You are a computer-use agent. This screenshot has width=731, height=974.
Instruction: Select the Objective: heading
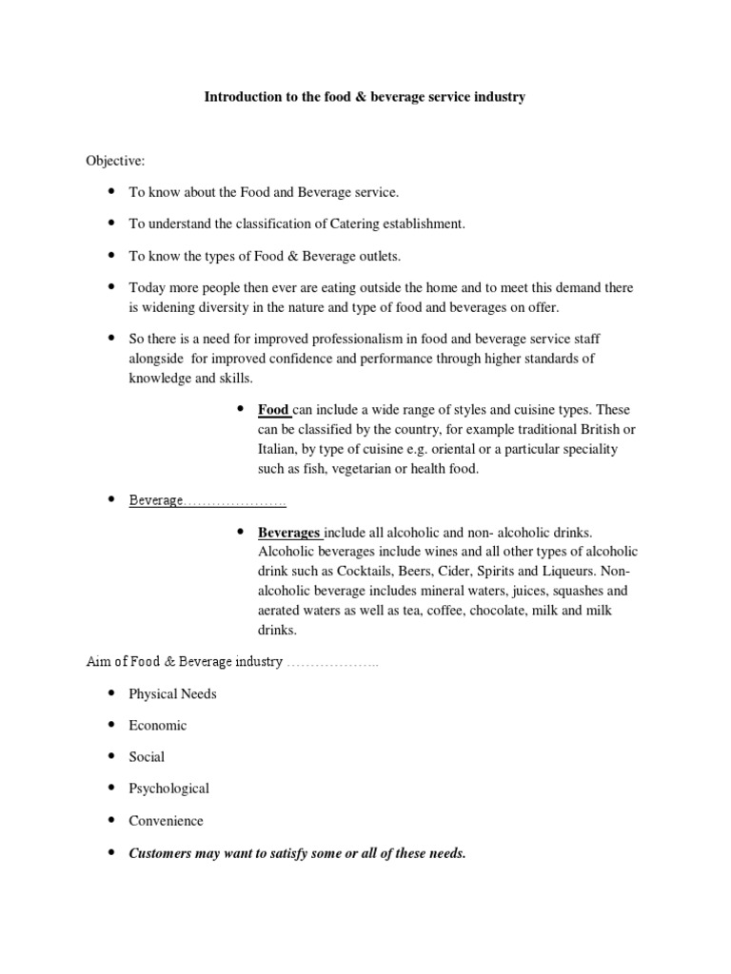[x=116, y=161]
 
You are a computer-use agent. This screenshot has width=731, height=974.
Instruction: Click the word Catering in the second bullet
[x=338, y=224]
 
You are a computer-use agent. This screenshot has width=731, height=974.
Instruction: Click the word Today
[x=148, y=286]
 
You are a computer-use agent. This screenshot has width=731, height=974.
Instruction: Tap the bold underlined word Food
[x=274, y=410]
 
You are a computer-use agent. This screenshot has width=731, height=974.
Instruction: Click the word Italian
[x=277, y=448]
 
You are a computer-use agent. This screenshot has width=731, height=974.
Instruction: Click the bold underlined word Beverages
[x=290, y=532]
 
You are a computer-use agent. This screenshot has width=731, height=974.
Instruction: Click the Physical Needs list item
[x=172, y=693]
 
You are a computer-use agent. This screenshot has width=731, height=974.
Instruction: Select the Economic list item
[x=158, y=725]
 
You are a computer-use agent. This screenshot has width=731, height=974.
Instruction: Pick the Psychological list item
[x=168, y=789]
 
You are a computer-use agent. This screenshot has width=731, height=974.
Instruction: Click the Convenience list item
[x=166, y=820]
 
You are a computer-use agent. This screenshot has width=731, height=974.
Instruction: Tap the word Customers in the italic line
[x=163, y=853]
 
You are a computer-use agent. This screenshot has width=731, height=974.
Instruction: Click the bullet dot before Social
[x=110, y=756]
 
